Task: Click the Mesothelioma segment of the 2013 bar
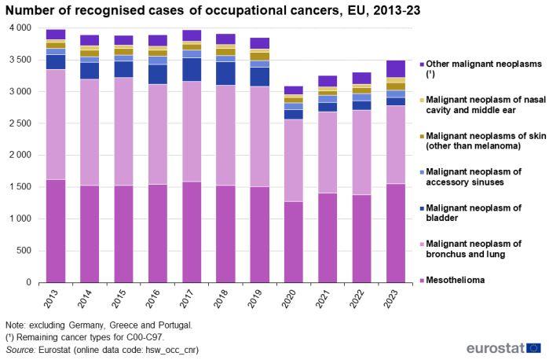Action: click(55, 230)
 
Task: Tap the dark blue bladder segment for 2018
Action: click(225, 73)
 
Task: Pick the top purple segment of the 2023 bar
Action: click(395, 68)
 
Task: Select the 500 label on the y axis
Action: click(25, 251)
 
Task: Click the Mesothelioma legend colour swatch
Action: click(422, 280)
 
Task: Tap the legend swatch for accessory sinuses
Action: click(422, 171)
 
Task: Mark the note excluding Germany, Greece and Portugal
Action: click(98, 325)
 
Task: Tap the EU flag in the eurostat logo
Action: click(534, 347)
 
